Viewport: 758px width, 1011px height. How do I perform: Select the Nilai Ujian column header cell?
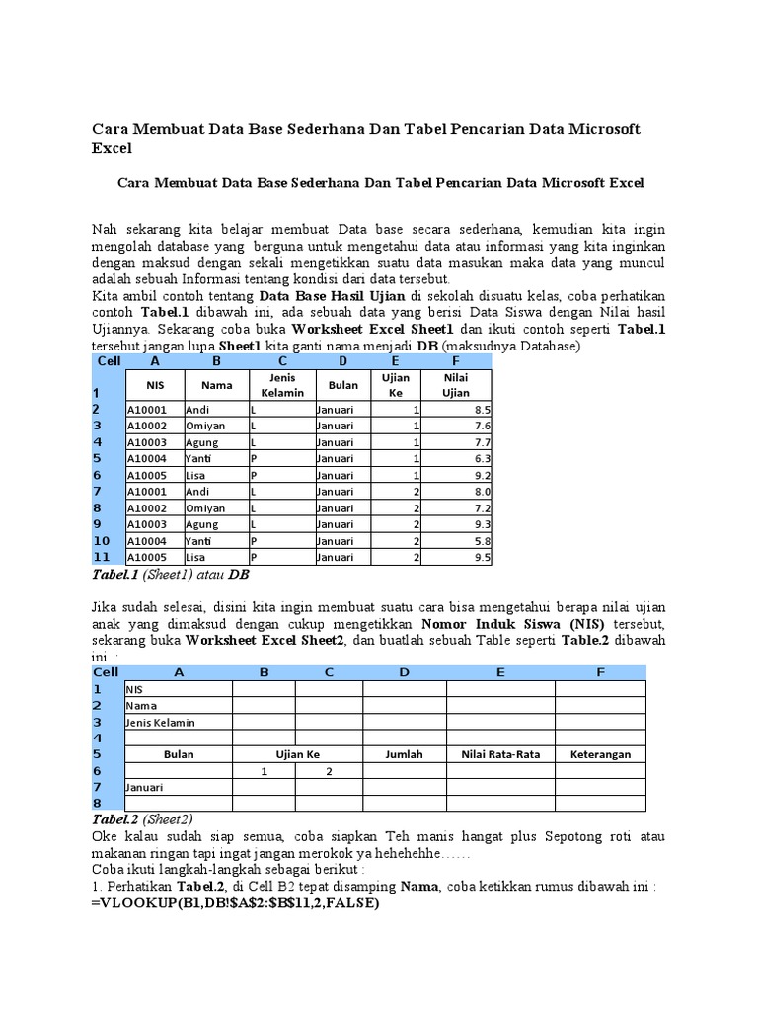coord(456,385)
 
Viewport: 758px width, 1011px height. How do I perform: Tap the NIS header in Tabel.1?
coord(155,385)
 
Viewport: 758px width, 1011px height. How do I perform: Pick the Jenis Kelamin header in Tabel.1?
coord(281,385)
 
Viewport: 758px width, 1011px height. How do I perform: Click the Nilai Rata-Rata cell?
coord(500,754)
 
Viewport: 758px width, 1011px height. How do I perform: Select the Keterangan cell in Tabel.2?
coord(600,754)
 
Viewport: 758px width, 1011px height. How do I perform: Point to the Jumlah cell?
coord(404,754)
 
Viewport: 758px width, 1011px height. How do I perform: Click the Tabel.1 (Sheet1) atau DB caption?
coord(178,575)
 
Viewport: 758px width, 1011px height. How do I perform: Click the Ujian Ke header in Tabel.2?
coord(297,754)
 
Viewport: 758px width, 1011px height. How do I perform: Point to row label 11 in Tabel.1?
coord(101,558)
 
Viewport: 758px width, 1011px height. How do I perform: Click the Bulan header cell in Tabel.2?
coord(179,754)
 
